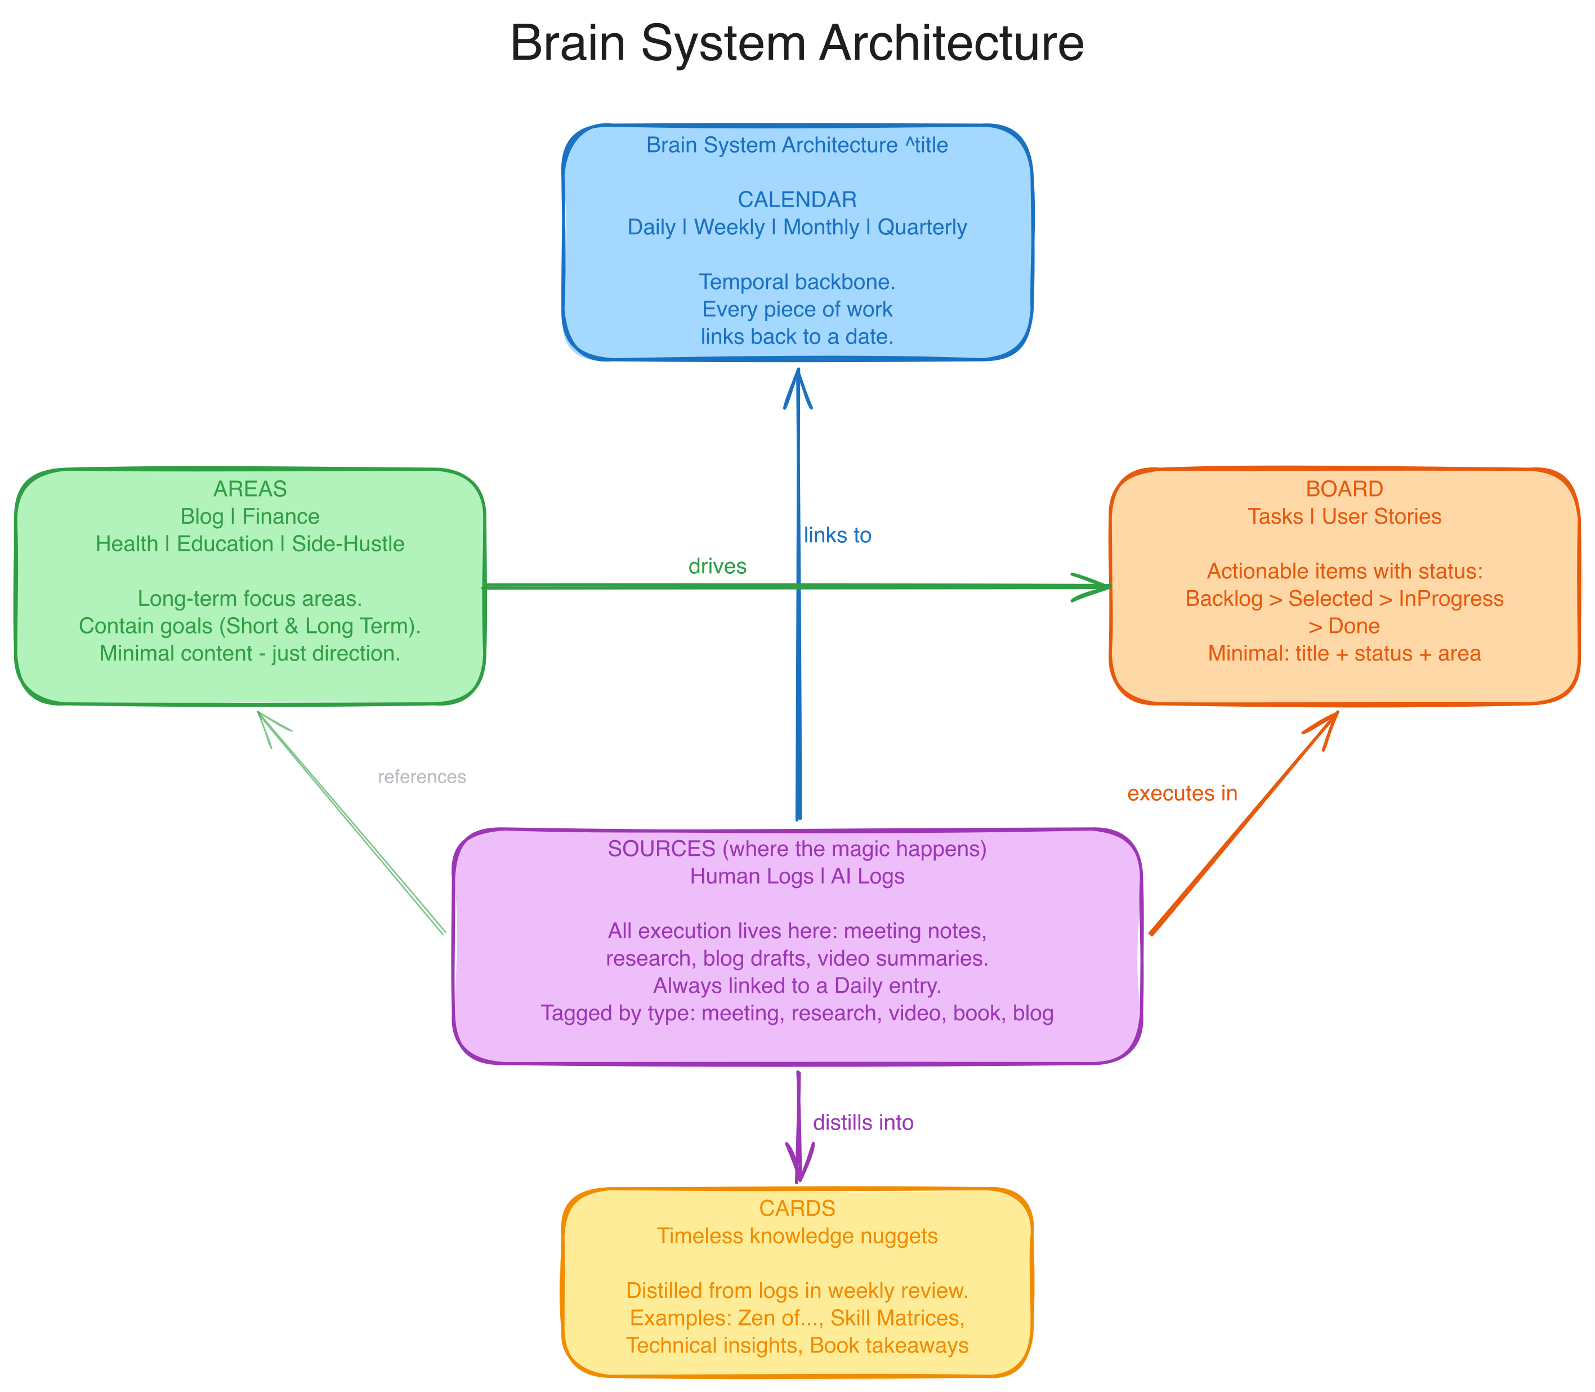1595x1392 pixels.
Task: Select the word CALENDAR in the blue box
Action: click(x=797, y=200)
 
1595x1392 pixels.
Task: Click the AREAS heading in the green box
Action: click(x=250, y=489)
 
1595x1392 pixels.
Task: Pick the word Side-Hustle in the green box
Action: click(x=348, y=544)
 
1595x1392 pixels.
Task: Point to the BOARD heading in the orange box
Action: click(x=1344, y=489)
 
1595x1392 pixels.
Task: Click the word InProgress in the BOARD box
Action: click(x=1450, y=598)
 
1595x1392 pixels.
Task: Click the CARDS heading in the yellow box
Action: click(x=797, y=1208)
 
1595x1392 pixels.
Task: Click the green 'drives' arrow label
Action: click(x=717, y=566)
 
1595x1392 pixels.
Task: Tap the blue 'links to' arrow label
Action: click(x=837, y=535)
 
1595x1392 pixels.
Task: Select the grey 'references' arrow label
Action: click(x=422, y=777)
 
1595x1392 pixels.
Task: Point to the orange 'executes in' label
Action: click(x=1182, y=793)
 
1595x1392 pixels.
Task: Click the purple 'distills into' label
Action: click(x=863, y=1122)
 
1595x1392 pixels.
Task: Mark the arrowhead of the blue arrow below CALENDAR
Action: click(x=797, y=381)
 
